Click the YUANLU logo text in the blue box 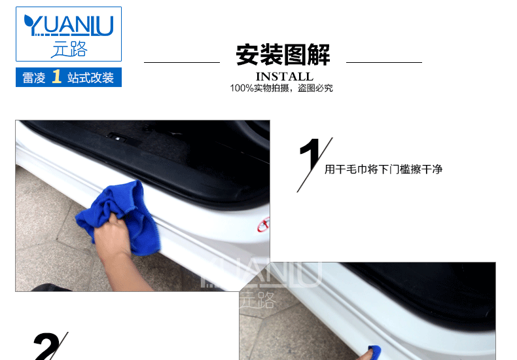tap(69, 25)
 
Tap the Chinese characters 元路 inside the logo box tap(69, 49)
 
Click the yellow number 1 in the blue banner tap(57, 76)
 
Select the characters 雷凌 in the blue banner tap(33, 78)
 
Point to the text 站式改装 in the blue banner tap(90, 78)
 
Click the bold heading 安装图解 tap(283, 55)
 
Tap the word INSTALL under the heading tap(284, 77)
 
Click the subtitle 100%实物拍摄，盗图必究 tap(281, 88)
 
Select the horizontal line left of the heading tap(182, 62)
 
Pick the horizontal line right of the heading tap(384, 62)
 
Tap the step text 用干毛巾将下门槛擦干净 tap(383, 169)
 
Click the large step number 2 tap(46, 346)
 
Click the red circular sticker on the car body tap(264, 225)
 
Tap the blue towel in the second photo tap(374, 352)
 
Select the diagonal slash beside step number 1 tap(315, 165)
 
